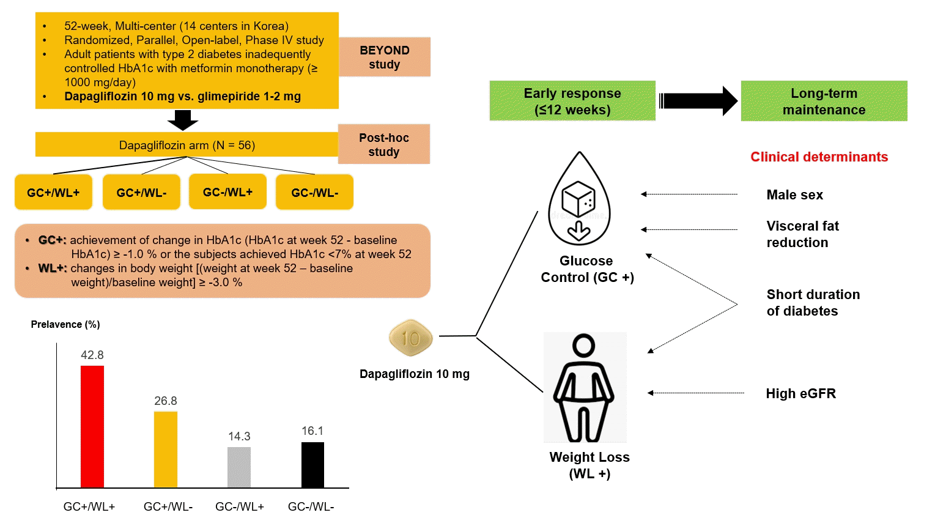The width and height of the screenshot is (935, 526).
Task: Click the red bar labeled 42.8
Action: click(92, 426)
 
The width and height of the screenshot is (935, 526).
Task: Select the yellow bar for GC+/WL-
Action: click(166, 450)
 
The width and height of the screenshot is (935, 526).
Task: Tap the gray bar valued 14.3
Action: click(239, 467)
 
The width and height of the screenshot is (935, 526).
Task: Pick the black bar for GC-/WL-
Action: click(312, 465)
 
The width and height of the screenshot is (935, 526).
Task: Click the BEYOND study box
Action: click(385, 57)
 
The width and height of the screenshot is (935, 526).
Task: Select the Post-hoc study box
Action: click(384, 145)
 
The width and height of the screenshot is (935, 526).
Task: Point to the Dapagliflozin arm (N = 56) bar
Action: click(187, 145)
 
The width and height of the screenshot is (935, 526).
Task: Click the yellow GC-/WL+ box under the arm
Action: click(227, 192)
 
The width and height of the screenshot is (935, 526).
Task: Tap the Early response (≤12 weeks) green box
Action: click(572, 102)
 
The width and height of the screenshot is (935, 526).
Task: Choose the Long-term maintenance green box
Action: click(824, 102)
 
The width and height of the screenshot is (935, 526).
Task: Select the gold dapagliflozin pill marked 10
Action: click(411, 338)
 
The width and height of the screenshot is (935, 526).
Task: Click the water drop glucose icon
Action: click(578, 200)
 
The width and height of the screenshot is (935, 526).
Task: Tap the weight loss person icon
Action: click(585, 388)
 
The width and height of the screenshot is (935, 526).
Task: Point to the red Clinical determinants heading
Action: click(819, 157)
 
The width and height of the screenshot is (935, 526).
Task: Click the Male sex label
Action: click(794, 195)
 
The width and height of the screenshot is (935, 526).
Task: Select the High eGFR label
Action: click(800, 394)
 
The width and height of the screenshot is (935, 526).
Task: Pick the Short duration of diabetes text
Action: click(813, 303)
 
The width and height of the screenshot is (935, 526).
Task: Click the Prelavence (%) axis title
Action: click(65, 324)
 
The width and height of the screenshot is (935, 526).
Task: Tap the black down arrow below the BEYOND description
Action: click(183, 120)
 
